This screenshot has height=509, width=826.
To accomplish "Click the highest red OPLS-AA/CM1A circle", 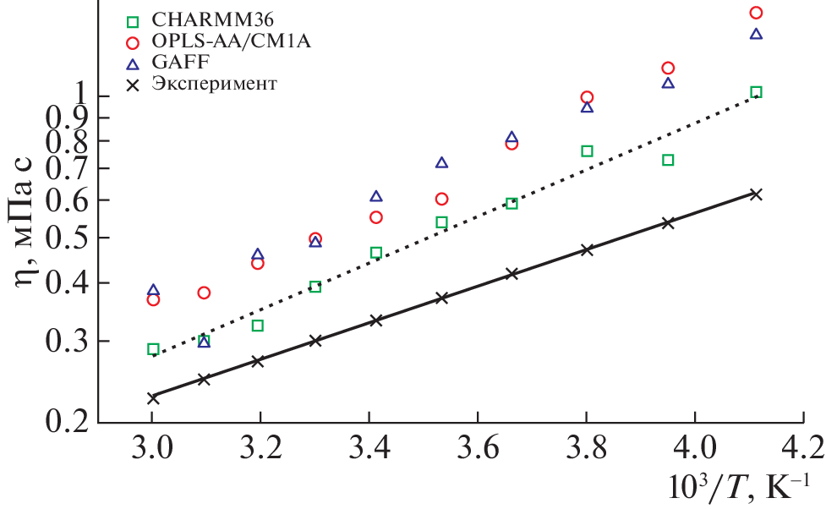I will [756, 13].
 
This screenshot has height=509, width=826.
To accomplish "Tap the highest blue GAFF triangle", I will [756, 34].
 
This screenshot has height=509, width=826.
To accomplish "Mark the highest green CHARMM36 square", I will [756, 92].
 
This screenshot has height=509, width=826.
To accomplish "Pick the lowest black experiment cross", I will [153, 397].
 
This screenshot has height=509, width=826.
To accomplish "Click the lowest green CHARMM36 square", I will [153, 349].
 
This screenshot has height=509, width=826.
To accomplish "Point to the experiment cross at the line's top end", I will [756, 194].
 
